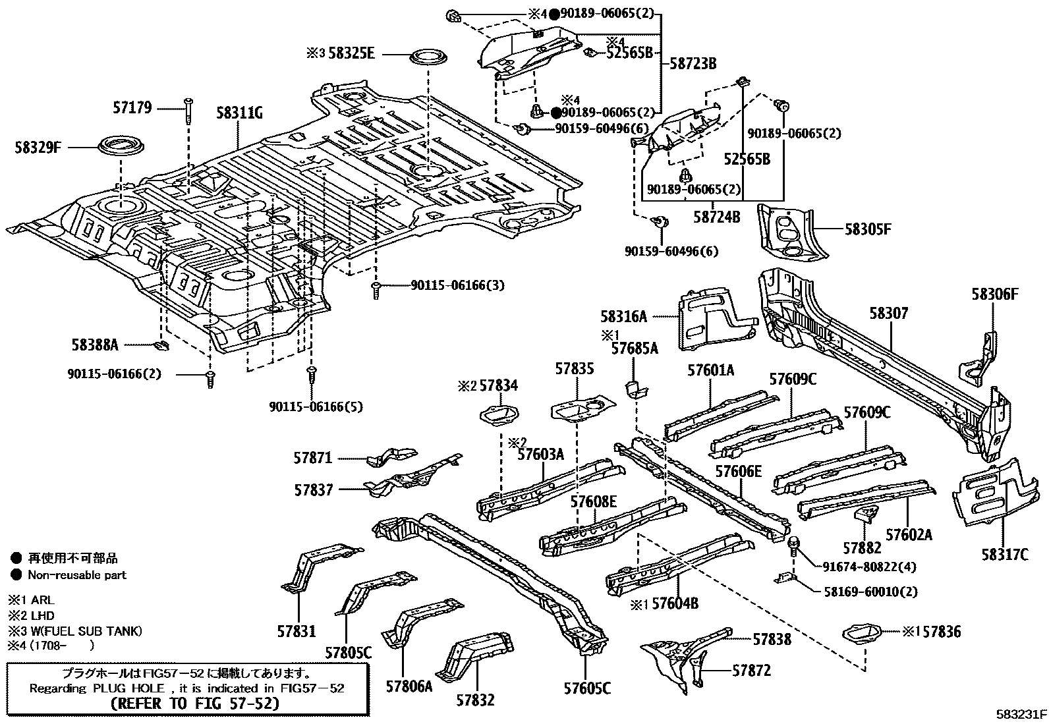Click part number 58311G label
point(240,113)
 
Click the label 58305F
point(868,229)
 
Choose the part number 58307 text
point(888,314)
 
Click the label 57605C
point(587,688)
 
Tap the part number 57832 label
point(475,700)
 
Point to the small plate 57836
point(862,633)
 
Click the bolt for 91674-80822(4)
point(795,545)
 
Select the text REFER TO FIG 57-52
point(194,704)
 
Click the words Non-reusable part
point(77,574)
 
